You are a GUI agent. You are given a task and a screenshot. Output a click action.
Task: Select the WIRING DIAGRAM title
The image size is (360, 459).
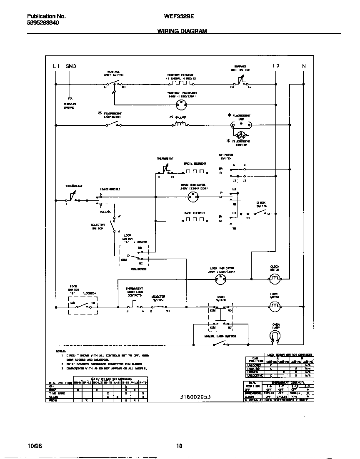[182, 31]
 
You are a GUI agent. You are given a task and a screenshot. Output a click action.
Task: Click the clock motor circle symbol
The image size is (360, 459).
[274, 281]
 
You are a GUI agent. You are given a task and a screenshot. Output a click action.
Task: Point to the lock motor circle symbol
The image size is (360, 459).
[274, 307]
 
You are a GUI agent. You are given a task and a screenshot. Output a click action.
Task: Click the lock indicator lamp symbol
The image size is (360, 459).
[220, 281]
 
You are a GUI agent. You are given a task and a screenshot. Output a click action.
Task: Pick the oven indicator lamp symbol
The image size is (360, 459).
[192, 199]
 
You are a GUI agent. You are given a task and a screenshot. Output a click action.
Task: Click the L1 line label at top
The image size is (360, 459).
[56, 66]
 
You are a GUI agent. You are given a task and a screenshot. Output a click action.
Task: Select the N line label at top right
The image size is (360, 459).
[304, 66]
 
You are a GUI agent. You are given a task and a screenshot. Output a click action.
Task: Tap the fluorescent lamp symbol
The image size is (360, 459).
[240, 124]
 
